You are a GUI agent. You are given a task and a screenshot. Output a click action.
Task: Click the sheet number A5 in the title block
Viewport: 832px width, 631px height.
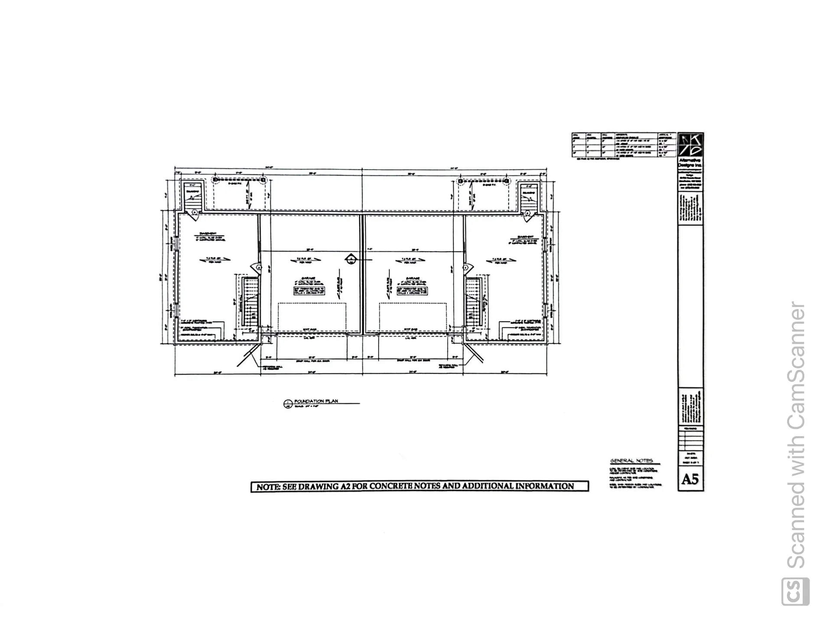[x=690, y=479]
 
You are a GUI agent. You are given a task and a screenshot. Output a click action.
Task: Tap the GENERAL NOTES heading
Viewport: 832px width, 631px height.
[x=631, y=461]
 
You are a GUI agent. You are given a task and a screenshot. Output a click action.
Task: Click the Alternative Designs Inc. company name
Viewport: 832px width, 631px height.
[x=690, y=163]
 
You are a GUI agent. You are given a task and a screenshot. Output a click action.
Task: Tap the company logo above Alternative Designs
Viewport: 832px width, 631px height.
[x=690, y=146]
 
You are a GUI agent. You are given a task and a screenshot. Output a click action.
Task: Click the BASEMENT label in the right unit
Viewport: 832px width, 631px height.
[x=525, y=237]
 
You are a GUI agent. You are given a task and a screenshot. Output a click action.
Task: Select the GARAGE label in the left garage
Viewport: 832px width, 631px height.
[x=309, y=279]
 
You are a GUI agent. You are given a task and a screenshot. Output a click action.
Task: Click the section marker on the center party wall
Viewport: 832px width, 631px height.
[x=351, y=259]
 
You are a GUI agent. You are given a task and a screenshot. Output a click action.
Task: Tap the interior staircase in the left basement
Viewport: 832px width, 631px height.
[x=250, y=302]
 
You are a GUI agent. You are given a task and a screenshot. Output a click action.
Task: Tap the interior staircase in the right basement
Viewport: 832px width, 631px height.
[x=474, y=302]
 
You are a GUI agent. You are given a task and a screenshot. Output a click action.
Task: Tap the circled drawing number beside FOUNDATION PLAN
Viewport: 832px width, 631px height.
[x=287, y=404]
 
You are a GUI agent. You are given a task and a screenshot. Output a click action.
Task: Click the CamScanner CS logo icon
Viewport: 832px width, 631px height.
[x=795, y=591]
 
